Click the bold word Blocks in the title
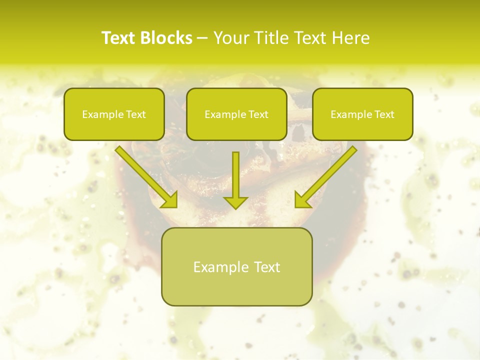coord(166,38)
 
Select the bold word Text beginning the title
coord(119,38)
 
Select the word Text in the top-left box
coord(136,114)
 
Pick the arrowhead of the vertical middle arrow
coord(235,202)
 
